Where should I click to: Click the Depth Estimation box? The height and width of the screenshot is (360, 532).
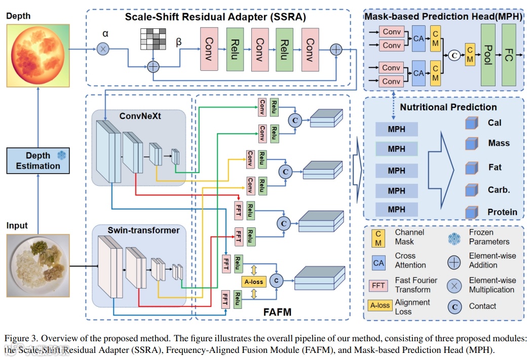(x=38, y=161)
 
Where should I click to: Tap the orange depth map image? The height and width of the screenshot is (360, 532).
(x=37, y=55)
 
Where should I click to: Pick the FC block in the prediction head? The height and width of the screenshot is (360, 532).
(x=509, y=54)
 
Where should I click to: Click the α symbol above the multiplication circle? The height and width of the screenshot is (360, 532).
(x=105, y=33)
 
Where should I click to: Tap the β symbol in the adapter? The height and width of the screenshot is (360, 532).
(x=178, y=42)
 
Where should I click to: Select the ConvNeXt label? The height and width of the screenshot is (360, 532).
(x=140, y=116)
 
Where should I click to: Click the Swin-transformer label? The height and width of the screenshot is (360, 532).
(x=143, y=230)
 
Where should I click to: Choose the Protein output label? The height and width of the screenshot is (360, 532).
(x=502, y=212)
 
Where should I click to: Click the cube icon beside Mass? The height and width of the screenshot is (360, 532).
(x=472, y=144)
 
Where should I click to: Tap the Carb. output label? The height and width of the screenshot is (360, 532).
(x=499, y=190)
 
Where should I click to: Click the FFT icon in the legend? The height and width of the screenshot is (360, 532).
(x=378, y=285)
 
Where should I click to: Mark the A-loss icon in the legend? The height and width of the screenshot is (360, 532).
(x=378, y=306)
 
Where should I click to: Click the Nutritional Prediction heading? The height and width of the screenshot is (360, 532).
(x=448, y=107)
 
